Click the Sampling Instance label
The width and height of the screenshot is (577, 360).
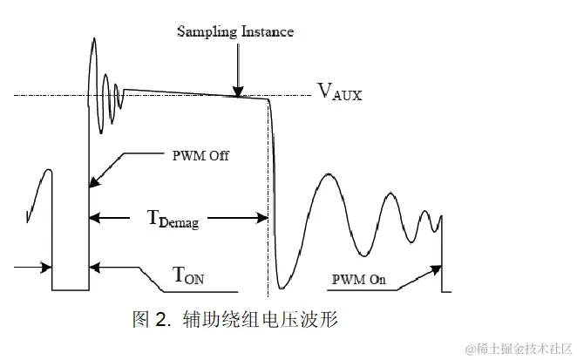pyautogui.click(x=235, y=32)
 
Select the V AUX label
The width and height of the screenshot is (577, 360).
pyautogui.click(x=339, y=91)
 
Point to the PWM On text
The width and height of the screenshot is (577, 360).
pyautogui.click(x=359, y=280)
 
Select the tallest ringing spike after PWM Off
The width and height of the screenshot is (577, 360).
pyautogui.click(x=93, y=39)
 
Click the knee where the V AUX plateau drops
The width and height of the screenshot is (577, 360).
pyautogui.click(x=266, y=98)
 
